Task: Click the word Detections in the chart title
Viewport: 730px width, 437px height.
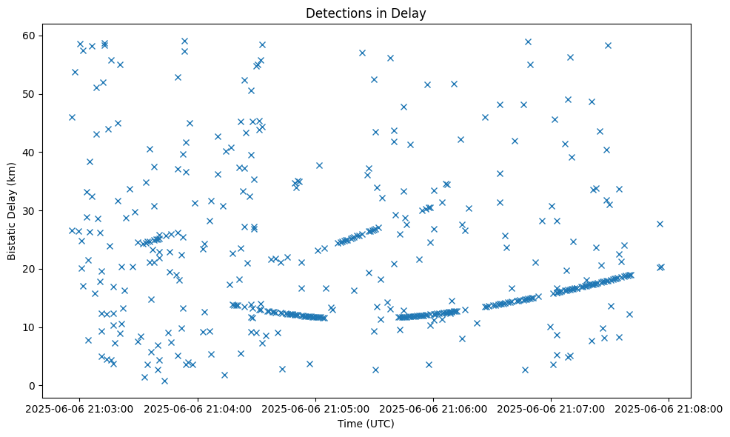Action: coord(334,13)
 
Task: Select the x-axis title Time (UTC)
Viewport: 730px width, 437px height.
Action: coord(366,424)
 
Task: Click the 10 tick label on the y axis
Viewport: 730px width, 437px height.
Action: coord(30,327)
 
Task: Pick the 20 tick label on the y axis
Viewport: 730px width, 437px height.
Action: coord(30,269)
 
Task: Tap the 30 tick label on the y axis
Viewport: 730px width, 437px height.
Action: coord(30,210)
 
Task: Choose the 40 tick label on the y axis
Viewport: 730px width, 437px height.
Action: coord(30,153)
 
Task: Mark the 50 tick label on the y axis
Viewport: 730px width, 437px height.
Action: coord(30,94)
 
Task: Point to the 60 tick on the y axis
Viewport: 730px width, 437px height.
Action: coord(30,36)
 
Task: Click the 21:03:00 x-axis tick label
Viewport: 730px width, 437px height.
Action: coord(80,407)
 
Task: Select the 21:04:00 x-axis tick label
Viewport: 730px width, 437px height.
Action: coord(198,407)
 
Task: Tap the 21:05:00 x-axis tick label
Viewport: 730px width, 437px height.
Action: coord(315,407)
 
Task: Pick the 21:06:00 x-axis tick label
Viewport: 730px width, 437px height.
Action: coord(433,407)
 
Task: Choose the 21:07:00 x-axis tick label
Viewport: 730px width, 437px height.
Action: coord(551,407)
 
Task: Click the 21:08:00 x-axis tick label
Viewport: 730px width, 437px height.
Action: coord(669,407)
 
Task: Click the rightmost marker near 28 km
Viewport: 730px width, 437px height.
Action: coord(660,224)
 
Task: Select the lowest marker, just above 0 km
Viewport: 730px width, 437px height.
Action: coord(164,381)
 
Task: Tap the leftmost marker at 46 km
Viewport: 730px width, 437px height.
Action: coord(72,117)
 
